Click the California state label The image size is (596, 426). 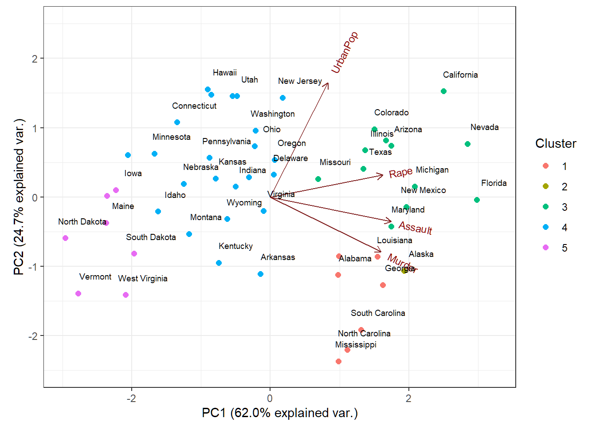tap(460, 75)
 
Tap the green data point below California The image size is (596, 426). tap(443, 91)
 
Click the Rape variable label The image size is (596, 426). tap(400, 173)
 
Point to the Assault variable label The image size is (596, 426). tap(415, 228)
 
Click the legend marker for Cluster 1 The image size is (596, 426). tap(546, 166)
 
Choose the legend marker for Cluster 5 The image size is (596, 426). tap(546, 248)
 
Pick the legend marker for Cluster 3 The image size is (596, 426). tap(546, 207)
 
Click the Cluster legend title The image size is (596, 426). tap(555, 143)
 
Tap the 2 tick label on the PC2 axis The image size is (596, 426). tap(35, 59)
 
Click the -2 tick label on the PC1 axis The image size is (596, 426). tap(131, 398)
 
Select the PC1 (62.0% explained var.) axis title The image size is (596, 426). tap(279, 413)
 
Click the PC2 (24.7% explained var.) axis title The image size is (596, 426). tap(19, 197)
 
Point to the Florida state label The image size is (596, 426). tap(494, 183)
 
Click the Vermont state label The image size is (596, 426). tap(95, 277)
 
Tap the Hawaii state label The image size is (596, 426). tap(225, 73)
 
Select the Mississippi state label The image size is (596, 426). tap(356, 345)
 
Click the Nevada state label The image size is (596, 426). tap(484, 127)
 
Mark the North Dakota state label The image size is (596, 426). tap(82, 222)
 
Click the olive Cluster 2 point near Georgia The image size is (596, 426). tap(404, 271)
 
